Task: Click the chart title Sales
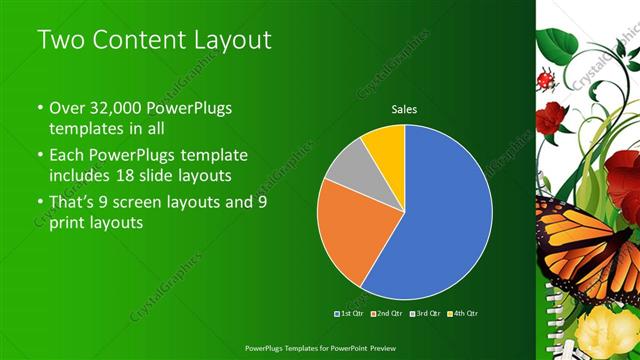404,109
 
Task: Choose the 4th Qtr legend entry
464,314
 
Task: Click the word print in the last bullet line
67,223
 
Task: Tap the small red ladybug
546,79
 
